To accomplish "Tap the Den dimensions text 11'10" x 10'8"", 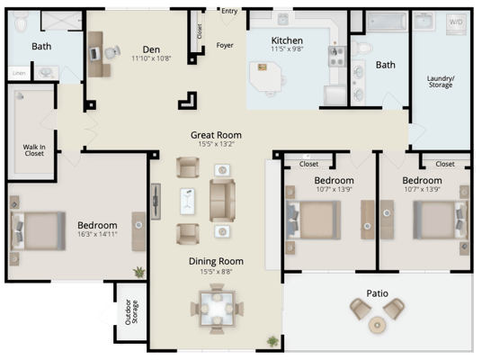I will click(151, 59).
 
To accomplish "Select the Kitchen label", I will click(288, 40).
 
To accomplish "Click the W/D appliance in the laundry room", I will click(456, 21).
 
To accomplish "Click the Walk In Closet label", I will click(34, 150).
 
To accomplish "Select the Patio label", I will click(377, 292).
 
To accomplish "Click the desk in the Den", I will click(98, 57).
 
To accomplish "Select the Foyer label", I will click(226, 43).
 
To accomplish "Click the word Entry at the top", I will click(229, 11).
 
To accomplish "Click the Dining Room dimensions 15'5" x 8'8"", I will click(216, 271).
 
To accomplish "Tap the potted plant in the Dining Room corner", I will click(272, 340).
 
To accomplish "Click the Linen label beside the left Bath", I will click(18, 74).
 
